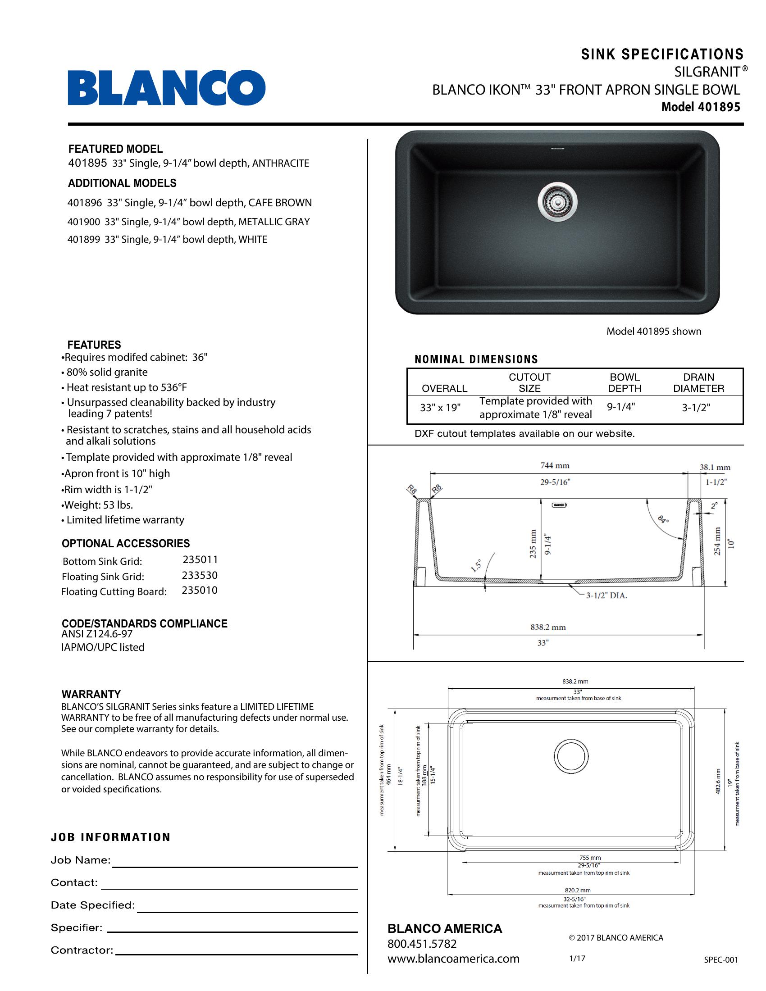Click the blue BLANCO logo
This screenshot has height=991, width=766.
(167, 87)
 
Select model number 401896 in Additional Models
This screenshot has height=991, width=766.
(84, 203)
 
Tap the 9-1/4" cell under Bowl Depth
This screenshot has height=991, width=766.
(621, 407)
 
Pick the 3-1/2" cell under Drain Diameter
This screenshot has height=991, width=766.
(696, 408)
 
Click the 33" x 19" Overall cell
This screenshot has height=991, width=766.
(440, 408)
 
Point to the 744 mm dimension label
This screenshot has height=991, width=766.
(555, 466)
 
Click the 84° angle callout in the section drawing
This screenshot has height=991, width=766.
(663, 519)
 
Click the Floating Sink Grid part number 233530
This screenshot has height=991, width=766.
(200, 575)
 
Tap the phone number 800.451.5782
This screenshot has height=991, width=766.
(422, 944)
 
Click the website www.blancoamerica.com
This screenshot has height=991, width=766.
(453, 959)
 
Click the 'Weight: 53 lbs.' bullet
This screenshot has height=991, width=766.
(98, 505)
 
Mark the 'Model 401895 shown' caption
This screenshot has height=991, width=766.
(653, 331)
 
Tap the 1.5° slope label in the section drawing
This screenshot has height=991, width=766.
(475, 566)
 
